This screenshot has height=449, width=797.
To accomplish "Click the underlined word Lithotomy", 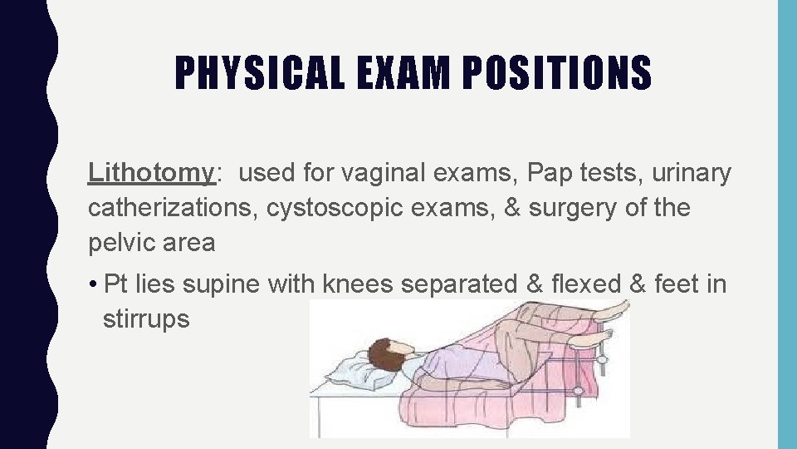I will point(152,173).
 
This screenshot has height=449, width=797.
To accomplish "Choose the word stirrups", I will point(146,318).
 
